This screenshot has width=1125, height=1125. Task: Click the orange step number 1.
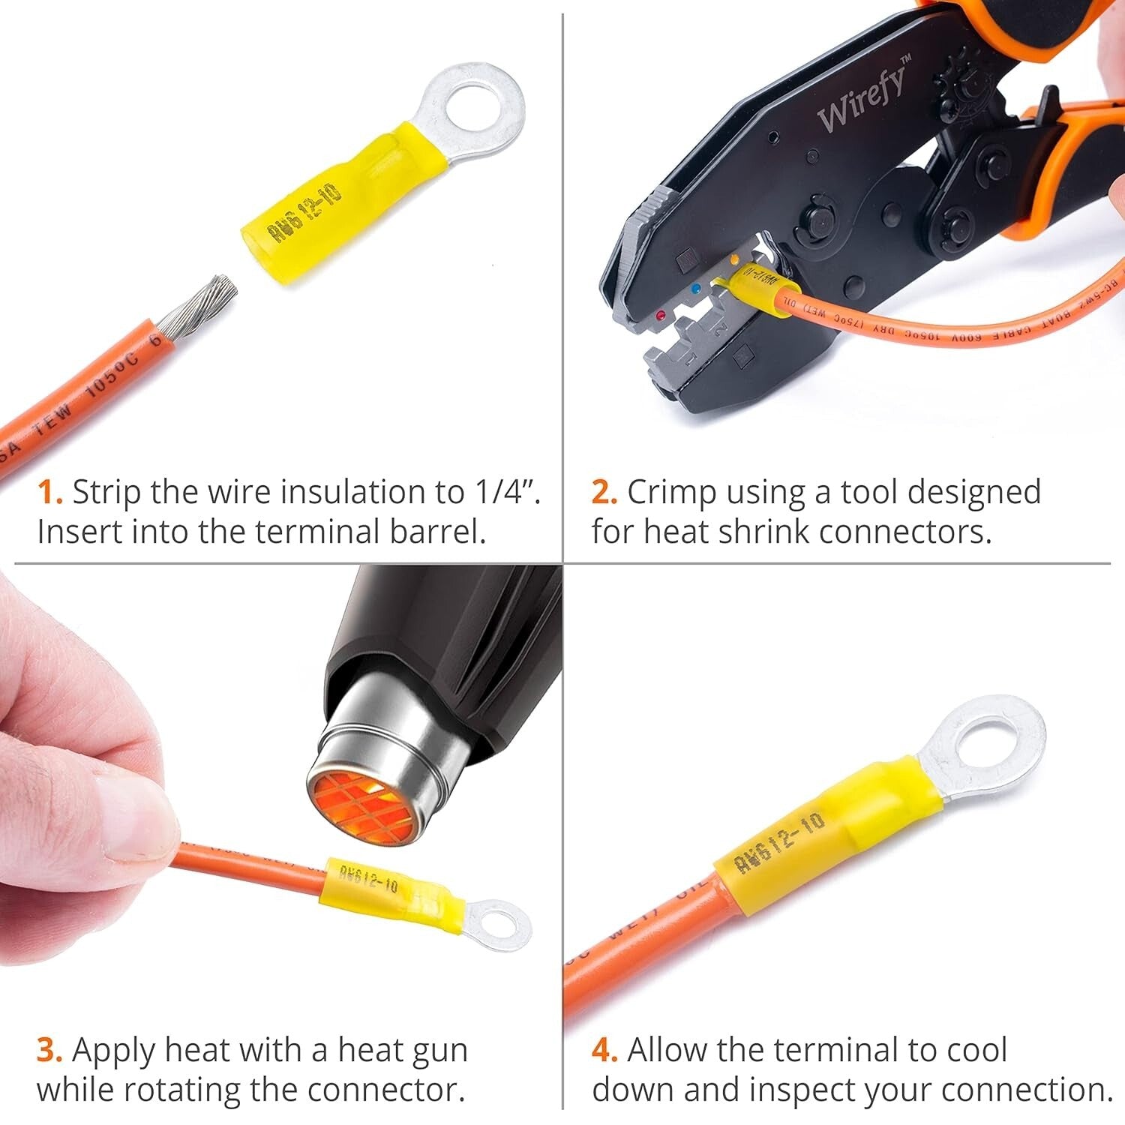[x=49, y=493]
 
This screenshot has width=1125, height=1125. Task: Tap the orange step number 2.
[x=604, y=493]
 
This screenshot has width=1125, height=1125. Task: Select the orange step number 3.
[x=49, y=1051]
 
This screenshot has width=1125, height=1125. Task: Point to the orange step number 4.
[x=604, y=1051]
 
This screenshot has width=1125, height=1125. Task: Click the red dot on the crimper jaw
[x=660, y=316]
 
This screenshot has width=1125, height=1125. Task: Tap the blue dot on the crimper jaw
[x=697, y=287]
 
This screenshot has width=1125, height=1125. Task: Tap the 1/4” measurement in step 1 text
[x=504, y=493]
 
